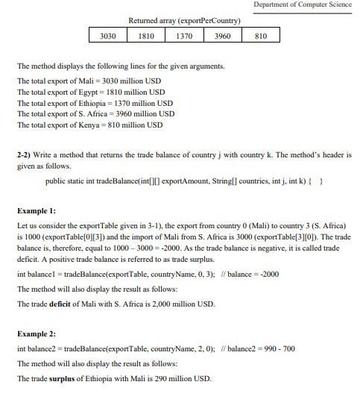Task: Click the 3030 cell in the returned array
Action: [108, 36]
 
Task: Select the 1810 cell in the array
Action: [147, 36]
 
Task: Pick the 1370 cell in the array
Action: [184, 36]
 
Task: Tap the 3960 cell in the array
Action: [222, 36]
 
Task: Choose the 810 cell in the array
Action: [259, 36]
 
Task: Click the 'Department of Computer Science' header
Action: [302, 5]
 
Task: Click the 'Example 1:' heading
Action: [37, 211]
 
